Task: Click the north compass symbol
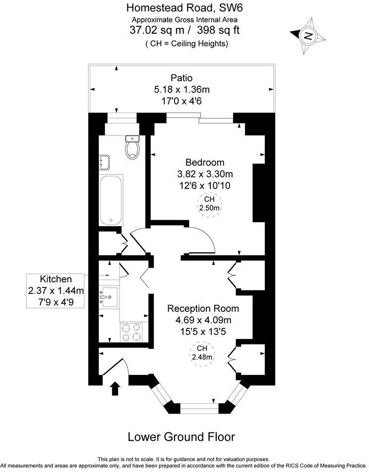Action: (308, 35)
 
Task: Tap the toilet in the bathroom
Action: (132, 147)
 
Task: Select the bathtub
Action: (110, 200)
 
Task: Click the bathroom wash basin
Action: (105, 161)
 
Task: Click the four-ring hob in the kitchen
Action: (131, 332)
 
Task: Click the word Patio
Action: (181, 78)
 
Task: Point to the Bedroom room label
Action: (205, 162)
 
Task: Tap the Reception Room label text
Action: (199, 308)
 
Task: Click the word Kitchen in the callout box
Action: (56, 279)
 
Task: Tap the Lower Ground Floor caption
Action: (181, 437)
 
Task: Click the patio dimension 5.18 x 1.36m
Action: (182, 89)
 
